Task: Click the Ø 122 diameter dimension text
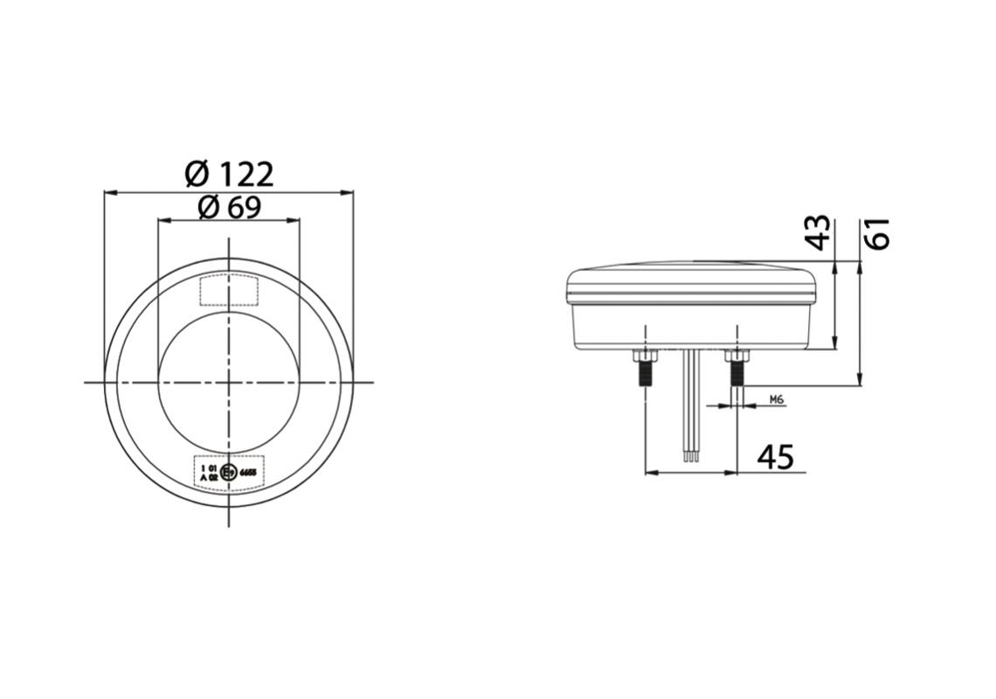[x=230, y=174]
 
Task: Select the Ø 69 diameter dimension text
[x=230, y=208]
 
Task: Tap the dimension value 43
[x=819, y=233]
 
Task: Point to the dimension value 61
[x=876, y=233]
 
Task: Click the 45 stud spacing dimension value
[x=775, y=457]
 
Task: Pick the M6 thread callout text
[x=777, y=399]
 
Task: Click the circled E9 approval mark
[x=228, y=473]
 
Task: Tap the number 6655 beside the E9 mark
[x=247, y=473]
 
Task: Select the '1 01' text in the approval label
[x=208, y=468]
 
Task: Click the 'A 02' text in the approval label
[x=208, y=478]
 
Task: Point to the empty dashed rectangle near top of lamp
[x=228, y=290]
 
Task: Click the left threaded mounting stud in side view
[x=645, y=377]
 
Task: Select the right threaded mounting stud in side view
[x=737, y=377]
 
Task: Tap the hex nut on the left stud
[x=645, y=357]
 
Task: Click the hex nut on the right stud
[x=737, y=357]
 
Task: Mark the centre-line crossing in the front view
[x=228, y=382]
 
